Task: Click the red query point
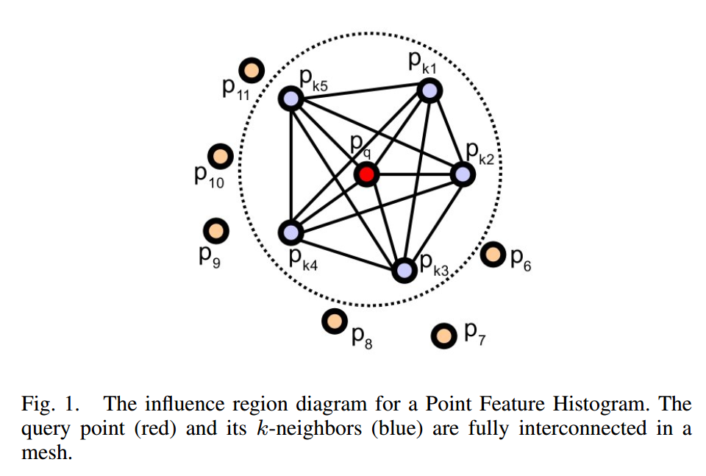pyautogui.click(x=366, y=174)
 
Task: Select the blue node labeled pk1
pyautogui.click(x=429, y=90)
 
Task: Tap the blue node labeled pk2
pyautogui.click(x=462, y=174)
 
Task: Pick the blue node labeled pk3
pyautogui.click(x=404, y=270)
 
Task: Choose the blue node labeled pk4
pyautogui.click(x=291, y=232)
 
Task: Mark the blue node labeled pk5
pyautogui.click(x=291, y=99)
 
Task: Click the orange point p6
pyautogui.click(x=493, y=256)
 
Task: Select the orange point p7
pyautogui.click(x=443, y=336)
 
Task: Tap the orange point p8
pyautogui.click(x=335, y=321)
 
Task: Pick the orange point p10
pyautogui.click(x=220, y=156)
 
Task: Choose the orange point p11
pyautogui.click(x=254, y=70)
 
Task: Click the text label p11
pyautogui.click(x=236, y=90)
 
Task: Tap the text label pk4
pyautogui.click(x=303, y=257)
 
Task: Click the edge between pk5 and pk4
pyautogui.click(x=291, y=166)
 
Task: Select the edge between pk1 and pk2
pyautogui.click(x=446, y=133)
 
